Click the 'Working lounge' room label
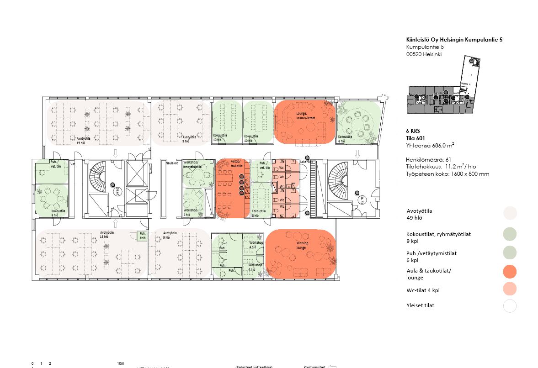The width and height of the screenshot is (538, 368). coord(302,245)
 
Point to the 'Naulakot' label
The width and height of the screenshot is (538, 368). coord(172,162)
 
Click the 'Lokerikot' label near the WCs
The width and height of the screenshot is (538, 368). coord(306,161)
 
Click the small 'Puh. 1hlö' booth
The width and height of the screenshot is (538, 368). coord(143,236)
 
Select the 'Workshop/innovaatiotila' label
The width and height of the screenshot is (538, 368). coord(192,164)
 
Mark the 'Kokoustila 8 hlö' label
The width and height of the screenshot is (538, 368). coord(258,213)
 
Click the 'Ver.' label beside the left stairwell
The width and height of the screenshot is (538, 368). coord(73,163)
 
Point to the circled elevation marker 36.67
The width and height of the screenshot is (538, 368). coord(117,192)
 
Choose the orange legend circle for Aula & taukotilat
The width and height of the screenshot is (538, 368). coord(510,272)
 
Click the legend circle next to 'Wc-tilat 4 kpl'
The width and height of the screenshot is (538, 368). coord(510,289)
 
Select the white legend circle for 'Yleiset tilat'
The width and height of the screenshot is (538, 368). coord(510,306)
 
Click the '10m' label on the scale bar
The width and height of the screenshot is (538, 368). coord(121,364)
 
